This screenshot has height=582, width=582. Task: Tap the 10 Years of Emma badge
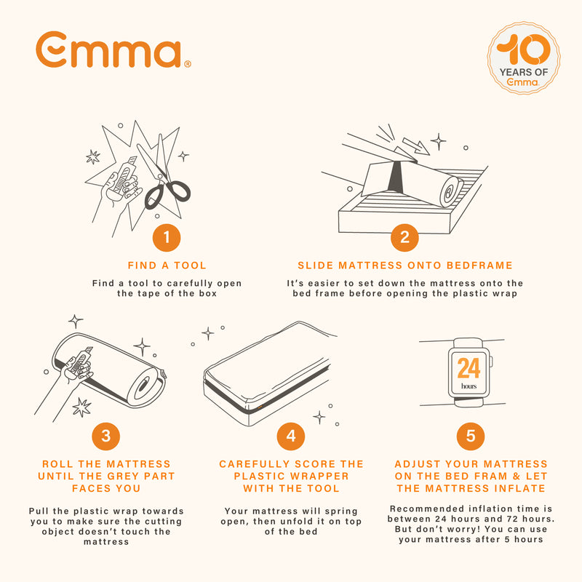pyautogui.click(x=523, y=57)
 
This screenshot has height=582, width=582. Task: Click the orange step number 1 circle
pyautogui.click(x=167, y=237)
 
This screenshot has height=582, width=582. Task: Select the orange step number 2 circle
pyautogui.click(x=404, y=237)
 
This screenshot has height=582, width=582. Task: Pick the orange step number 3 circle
pyautogui.click(x=106, y=436)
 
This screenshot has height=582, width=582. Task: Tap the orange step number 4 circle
pyautogui.click(x=291, y=436)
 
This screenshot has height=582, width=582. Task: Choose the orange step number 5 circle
pyautogui.click(x=471, y=436)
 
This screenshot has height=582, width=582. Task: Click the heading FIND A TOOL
pyautogui.click(x=167, y=266)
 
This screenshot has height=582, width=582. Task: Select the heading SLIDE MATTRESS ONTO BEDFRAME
pyautogui.click(x=405, y=266)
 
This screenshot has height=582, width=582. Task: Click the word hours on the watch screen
pyautogui.click(x=469, y=386)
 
